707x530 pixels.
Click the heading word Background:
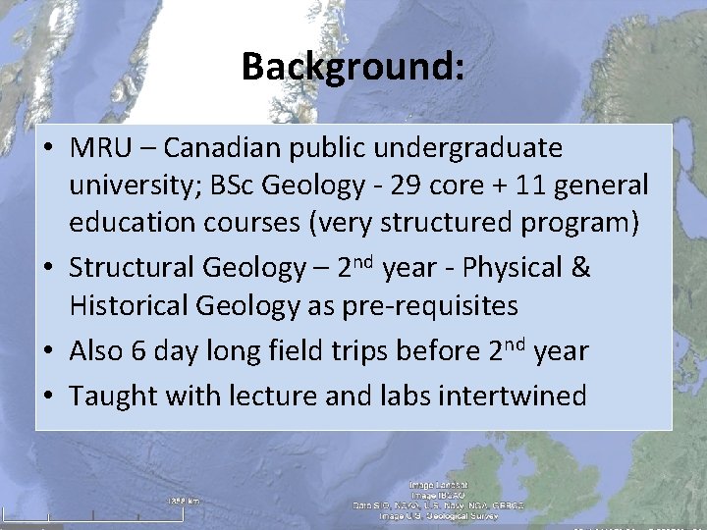pos(353,67)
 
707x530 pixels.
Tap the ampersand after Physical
pos(580,268)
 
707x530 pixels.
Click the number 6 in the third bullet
pos(139,350)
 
